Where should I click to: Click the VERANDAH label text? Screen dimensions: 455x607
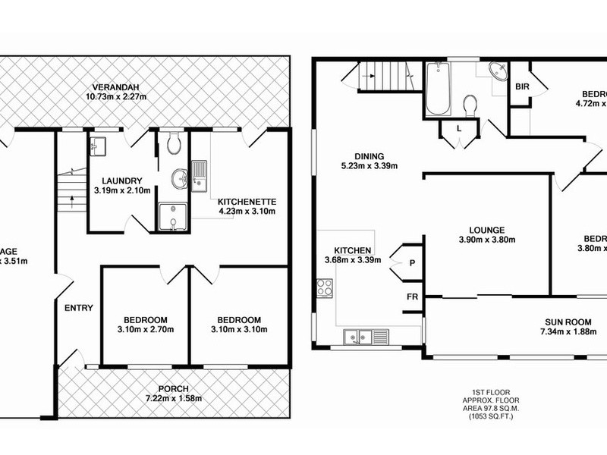click(x=115, y=85)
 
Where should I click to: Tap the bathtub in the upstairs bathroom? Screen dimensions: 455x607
click(x=438, y=90)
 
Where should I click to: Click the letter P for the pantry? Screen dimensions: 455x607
click(x=411, y=262)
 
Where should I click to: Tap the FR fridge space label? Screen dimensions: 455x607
click(x=413, y=297)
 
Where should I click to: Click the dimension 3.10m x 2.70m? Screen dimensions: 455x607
click(x=145, y=330)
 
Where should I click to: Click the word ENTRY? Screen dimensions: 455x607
click(x=78, y=308)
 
